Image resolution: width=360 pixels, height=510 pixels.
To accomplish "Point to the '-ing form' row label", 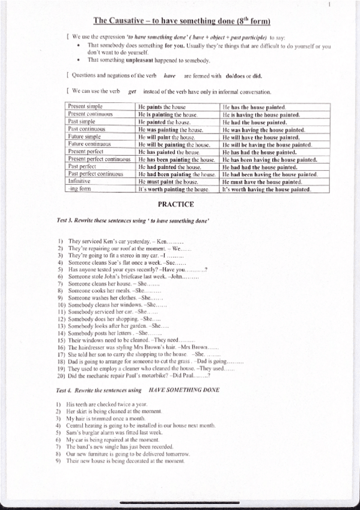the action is click(79, 188).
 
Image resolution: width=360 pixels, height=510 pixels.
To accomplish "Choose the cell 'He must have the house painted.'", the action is click(261, 182).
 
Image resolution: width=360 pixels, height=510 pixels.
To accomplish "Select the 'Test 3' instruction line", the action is click(133, 221).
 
